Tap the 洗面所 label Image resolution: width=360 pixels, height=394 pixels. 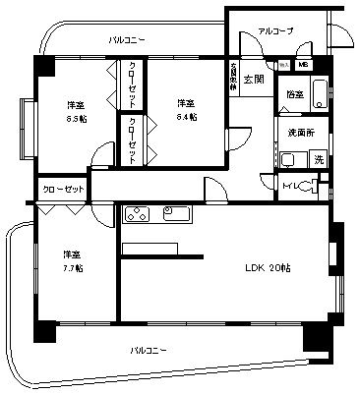coord(298,131)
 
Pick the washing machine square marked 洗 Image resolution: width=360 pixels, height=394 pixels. coord(317,159)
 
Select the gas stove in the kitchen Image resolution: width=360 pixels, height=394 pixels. coord(137,214)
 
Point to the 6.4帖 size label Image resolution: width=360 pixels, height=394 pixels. coord(186,116)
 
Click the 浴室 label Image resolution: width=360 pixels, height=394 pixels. coord(295,95)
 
